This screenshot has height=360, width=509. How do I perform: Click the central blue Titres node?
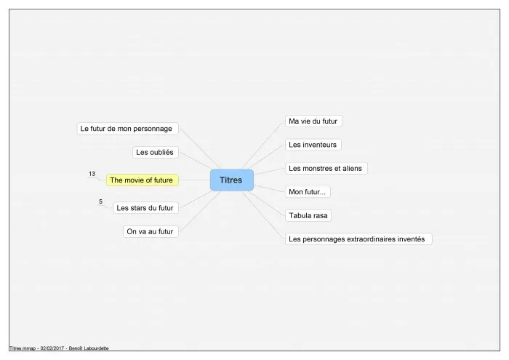coord(232,180)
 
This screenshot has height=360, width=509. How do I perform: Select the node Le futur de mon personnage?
coord(127,129)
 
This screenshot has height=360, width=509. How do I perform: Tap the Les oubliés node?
coord(156,152)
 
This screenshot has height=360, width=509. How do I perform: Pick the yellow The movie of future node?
coord(143,180)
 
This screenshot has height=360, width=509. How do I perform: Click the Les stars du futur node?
coord(145,208)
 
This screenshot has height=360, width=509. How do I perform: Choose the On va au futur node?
coord(151,231)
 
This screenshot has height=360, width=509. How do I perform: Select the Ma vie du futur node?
coord(313,121)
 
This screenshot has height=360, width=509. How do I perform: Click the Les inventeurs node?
coord(313,145)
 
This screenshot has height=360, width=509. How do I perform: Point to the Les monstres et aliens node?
coord(326,169)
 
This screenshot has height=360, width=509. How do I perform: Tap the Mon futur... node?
coord(308,192)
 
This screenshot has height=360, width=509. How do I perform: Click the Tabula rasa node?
coord(308,215)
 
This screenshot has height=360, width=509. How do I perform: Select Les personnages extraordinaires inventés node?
coord(358,239)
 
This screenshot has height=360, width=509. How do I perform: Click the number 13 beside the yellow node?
coord(92,174)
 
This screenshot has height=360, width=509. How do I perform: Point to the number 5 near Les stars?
coord(100,201)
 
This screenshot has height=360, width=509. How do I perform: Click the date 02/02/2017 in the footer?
coord(52,348)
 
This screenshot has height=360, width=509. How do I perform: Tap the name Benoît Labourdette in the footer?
coord(89,348)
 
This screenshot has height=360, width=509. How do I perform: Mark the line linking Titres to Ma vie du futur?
coord(262,145)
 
